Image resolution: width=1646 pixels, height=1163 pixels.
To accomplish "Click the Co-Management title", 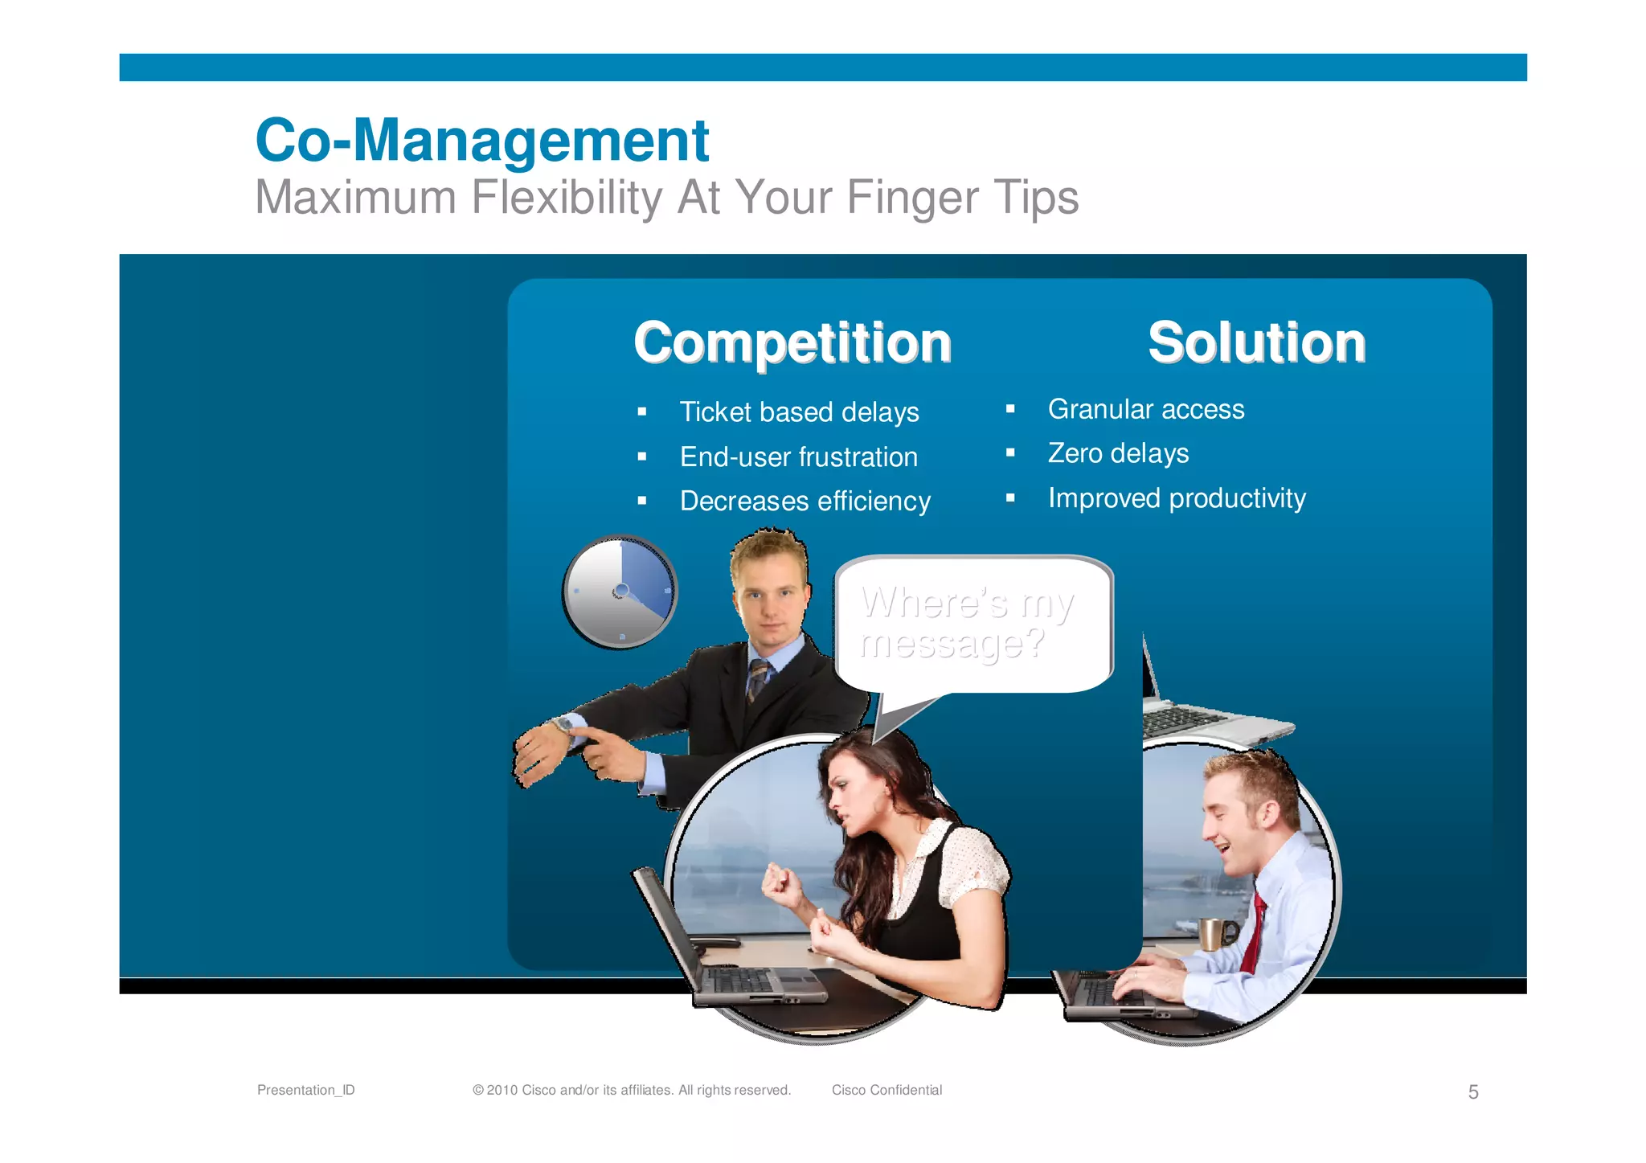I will pos(481,140).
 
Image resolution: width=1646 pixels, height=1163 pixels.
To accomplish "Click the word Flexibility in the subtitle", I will pos(566,198).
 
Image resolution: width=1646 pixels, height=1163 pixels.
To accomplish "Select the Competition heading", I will pos(792,343).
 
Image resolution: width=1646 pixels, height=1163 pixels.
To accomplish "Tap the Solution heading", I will pos(1256,343).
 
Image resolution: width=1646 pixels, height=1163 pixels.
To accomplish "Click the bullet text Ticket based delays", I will pos(799,412).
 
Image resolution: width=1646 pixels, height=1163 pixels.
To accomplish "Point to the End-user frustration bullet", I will pos(798,457).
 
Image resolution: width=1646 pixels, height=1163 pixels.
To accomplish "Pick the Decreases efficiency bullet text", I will pos(805,502).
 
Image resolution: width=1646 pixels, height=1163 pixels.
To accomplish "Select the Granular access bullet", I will pos(1145,410).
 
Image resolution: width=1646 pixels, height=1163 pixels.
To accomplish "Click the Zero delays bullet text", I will pos(1118,454).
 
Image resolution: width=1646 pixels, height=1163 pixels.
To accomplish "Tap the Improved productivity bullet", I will pos(1177,498).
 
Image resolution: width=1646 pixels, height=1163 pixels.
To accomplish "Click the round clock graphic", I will pos(620,592).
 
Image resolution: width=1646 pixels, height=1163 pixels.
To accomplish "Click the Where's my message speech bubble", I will pos(972,624).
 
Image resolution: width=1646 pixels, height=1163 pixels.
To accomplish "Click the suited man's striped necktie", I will pos(757,679).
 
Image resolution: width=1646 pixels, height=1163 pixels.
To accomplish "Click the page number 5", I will pos(1473,1091).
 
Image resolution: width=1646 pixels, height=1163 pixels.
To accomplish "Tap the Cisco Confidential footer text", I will pos(886,1090).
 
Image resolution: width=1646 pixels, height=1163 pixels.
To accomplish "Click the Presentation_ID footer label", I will pos(305,1090).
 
